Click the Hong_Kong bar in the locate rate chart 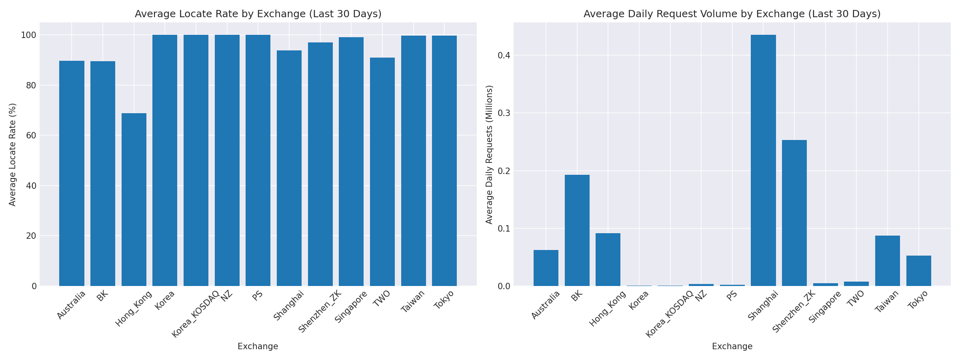(x=134, y=200)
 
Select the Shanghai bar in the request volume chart (x=763, y=160)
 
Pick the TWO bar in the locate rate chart (x=382, y=172)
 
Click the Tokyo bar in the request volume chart (x=919, y=271)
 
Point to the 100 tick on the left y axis (x=29, y=35)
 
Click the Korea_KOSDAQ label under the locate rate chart (x=196, y=314)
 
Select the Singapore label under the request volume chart (x=825, y=307)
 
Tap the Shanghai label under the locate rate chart (x=289, y=306)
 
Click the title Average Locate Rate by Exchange (x=258, y=14)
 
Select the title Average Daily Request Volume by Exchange (x=732, y=14)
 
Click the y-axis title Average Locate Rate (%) (x=12, y=154)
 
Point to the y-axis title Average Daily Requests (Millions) (x=489, y=154)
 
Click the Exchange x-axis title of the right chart (x=732, y=347)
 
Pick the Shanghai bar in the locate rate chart (x=289, y=168)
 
